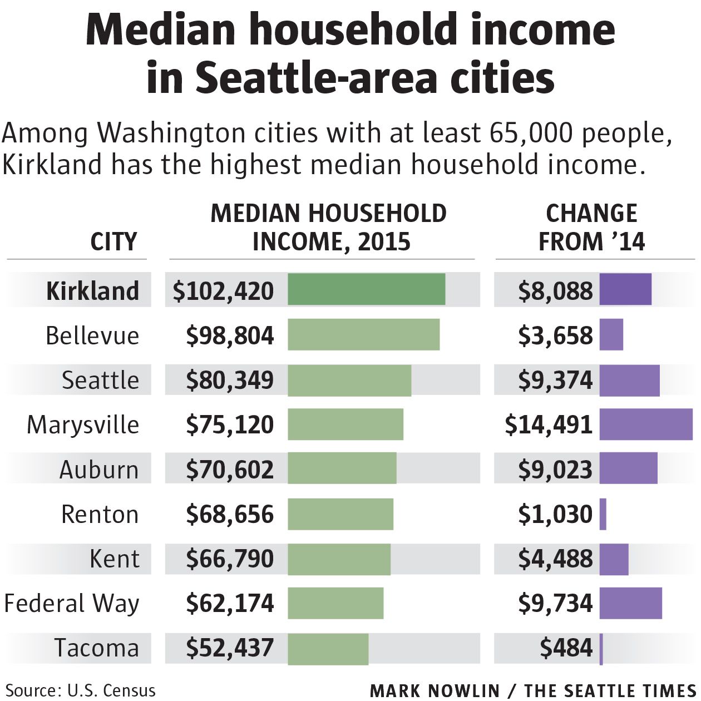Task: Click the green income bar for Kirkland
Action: (366, 289)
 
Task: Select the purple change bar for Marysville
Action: (646, 424)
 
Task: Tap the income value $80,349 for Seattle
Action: (230, 380)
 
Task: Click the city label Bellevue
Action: (92, 335)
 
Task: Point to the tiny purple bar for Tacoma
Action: (601, 649)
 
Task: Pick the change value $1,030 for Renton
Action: (555, 514)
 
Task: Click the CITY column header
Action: (113, 241)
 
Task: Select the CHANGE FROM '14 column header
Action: (591, 228)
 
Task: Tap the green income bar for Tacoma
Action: (328, 649)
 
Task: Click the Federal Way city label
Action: (72, 603)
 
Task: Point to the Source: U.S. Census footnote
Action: (81, 690)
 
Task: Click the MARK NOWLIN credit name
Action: (435, 690)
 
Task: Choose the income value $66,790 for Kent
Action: (230, 559)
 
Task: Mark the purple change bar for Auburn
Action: (628, 468)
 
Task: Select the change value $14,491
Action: (549, 424)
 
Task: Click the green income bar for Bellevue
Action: (363, 335)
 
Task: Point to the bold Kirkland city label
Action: (92, 291)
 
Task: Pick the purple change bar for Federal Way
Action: (630, 603)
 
